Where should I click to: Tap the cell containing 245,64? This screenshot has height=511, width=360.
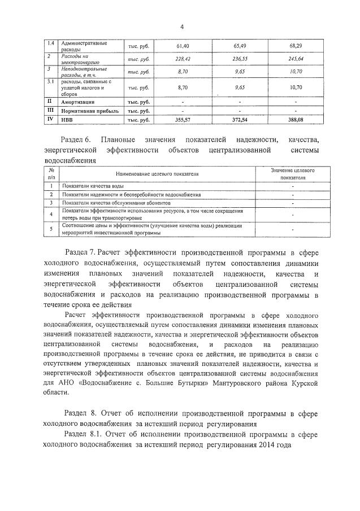[x=296, y=59]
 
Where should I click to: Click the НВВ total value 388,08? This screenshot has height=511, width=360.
[x=296, y=120]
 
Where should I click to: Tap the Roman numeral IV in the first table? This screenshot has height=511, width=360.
[x=49, y=120]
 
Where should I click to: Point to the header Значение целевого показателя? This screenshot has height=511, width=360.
[x=292, y=173]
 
